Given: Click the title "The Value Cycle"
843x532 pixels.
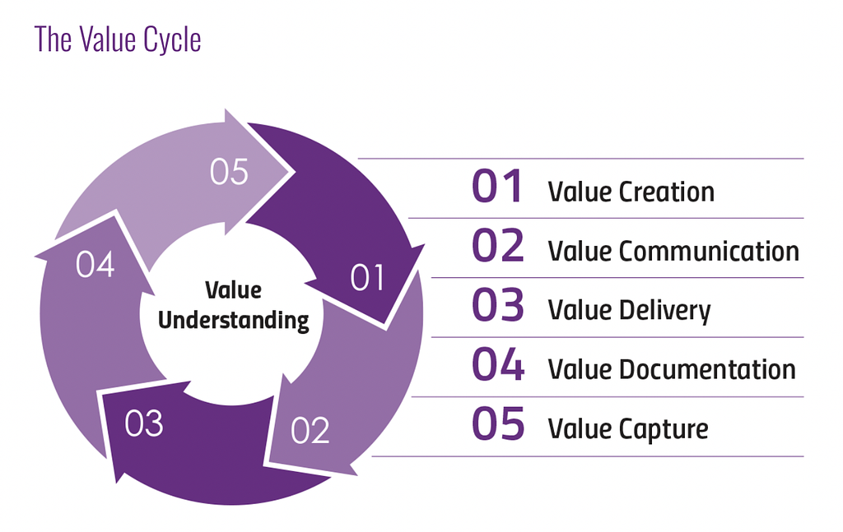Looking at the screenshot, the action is click(x=118, y=39).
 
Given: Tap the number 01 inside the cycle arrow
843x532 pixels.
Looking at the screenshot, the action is click(x=367, y=278).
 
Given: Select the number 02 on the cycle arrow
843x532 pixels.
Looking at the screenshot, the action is click(x=310, y=430).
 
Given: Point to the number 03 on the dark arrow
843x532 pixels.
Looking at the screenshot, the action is click(x=143, y=423).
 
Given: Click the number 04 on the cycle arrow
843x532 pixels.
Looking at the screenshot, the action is click(x=95, y=264).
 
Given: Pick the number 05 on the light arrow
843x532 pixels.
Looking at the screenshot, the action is click(x=229, y=172).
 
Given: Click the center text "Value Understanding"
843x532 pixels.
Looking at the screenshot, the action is click(x=233, y=305).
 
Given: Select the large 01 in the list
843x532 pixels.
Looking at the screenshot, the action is click(x=496, y=187).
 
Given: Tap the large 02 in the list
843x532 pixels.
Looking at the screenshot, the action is click(x=497, y=245).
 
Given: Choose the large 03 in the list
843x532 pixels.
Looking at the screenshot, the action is click(x=497, y=305).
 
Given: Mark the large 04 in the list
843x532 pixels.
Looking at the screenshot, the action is click(x=498, y=364).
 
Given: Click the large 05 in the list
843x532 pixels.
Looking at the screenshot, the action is click(x=498, y=423).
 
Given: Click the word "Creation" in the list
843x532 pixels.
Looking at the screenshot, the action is click(x=666, y=192).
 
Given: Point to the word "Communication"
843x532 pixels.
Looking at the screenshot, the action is click(x=709, y=251).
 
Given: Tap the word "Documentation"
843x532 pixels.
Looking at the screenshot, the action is click(x=707, y=369).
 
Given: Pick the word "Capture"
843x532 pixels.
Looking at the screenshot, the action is click(x=664, y=429).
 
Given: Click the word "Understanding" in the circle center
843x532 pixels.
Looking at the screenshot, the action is click(x=233, y=321).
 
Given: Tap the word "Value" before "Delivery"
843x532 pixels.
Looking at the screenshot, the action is click(x=579, y=310).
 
